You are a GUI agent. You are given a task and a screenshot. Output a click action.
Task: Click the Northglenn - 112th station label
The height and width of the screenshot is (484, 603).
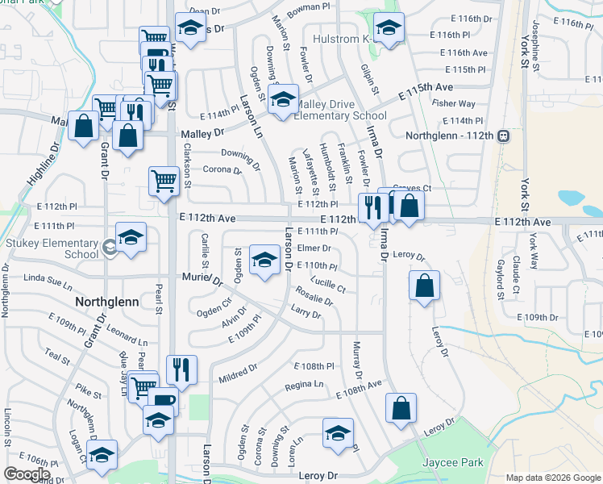pos(449,135)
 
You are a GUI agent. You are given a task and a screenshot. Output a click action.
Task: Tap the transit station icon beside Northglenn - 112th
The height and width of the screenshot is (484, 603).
pos(502,135)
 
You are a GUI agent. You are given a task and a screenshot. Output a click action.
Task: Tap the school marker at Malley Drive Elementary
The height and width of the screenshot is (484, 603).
pos(282,101)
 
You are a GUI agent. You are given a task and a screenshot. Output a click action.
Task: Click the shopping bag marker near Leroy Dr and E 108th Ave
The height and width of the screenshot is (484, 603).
pos(401,408)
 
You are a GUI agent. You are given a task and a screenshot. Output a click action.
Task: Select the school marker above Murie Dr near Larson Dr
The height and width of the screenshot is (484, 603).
pos(264,261)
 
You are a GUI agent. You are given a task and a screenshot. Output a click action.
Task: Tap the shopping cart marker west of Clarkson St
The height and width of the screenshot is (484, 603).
pos(164,181)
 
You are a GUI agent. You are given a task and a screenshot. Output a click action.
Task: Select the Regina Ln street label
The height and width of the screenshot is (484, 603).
pos(304,387)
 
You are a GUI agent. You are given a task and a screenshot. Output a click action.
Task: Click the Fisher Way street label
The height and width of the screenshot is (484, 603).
pos(453,103)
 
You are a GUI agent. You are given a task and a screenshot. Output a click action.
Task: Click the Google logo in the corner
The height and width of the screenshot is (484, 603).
pos(27,474)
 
